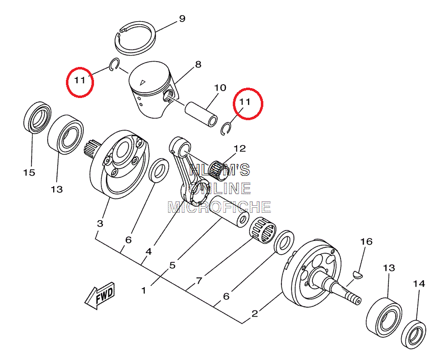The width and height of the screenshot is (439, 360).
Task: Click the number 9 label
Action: (182, 19)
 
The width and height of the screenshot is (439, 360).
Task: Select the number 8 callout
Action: (198, 65)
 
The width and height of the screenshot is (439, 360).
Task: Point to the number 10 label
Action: (220, 88)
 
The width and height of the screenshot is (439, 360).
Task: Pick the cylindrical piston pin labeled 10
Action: (202, 113)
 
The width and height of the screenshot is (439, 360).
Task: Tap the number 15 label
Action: (29, 172)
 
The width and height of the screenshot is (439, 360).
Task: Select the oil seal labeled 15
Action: (37, 118)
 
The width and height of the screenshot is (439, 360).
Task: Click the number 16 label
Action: (366, 242)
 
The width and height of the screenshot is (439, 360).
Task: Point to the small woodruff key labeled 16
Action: (359, 273)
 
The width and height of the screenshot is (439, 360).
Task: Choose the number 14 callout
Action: (418, 284)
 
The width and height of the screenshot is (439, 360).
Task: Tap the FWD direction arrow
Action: (100, 296)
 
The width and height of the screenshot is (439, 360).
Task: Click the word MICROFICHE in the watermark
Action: (219, 207)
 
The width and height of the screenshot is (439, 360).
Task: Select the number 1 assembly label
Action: (144, 291)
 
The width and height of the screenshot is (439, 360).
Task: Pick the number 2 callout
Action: (254, 313)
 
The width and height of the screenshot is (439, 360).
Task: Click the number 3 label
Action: (100, 223)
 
